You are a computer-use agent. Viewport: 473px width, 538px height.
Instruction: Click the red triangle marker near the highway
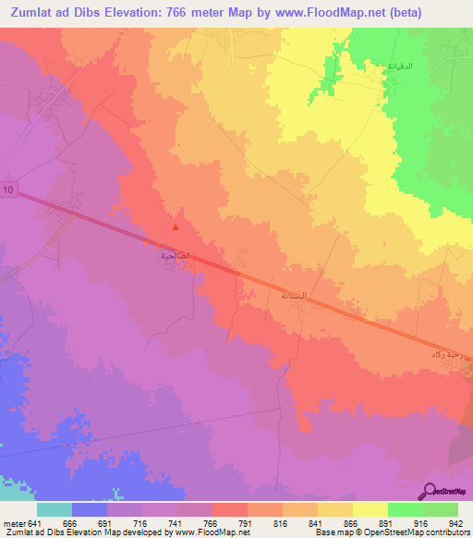coord(176,226)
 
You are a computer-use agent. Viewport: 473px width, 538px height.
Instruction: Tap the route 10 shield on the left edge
coord(7,190)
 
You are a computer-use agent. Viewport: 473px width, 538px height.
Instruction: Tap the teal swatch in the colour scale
coord(55,510)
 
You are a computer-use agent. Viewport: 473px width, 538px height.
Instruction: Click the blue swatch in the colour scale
coord(90,510)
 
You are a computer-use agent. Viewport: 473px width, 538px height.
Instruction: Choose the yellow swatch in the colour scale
coord(370,510)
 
